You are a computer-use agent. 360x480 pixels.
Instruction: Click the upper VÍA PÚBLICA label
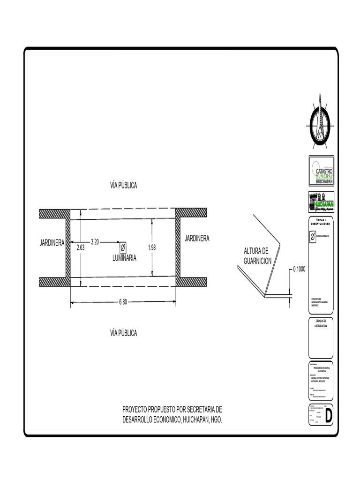pyautogui.click(x=123, y=185)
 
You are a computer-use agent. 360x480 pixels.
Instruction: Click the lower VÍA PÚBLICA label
pyautogui.click(x=123, y=333)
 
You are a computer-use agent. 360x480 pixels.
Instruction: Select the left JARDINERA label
pyautogui.click(x=52, y=243)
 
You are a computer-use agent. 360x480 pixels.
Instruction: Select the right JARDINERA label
pyautogui.click(x=197, y=238)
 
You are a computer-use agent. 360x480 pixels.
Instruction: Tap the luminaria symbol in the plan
pyautogui.click(x=123, y=247)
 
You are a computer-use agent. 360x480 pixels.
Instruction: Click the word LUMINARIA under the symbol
pyautogui.click(x=124, y=258)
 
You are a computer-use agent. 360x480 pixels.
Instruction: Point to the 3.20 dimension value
pyautogui.click(x=95, y=242)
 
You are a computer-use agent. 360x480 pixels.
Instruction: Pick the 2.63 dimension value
pyautogui.click(x=81, y=248)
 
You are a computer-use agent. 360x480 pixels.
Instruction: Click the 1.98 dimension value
pyautogui.click(x=151, y=247)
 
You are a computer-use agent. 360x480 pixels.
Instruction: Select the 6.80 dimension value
pyautogui.click(x=123, y=302)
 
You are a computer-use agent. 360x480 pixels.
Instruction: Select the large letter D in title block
pyautogui.click(x=329, y=415)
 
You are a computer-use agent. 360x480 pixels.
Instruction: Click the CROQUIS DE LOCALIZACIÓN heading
pyautogui.click(x=321, y=322)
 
